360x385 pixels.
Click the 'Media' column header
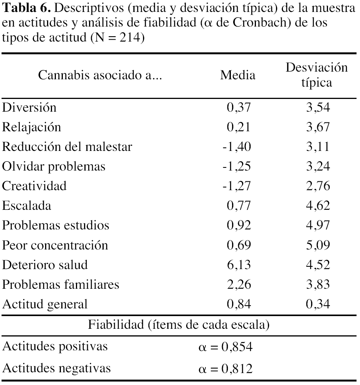(x=237, y=75)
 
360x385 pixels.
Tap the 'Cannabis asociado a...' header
(x=100, y=75)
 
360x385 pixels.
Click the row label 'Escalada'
(x=27, y=206)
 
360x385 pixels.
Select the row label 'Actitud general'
(x=45, y=304)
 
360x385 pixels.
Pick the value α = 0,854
(x=225, y=347)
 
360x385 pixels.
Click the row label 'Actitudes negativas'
(x=56, y=368)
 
